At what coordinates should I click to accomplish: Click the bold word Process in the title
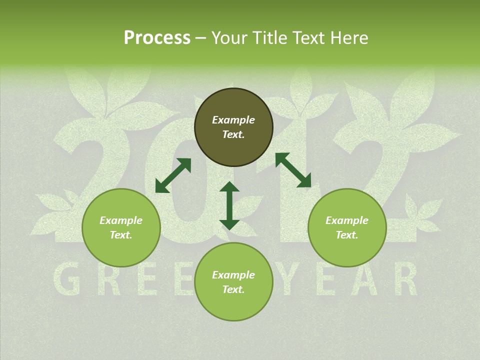(157, 38)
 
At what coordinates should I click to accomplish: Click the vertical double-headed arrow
(229, 205)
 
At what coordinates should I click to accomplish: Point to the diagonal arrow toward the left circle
(173, 175)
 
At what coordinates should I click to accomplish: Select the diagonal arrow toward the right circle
(293, 170)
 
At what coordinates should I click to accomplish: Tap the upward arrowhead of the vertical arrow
(229, 187)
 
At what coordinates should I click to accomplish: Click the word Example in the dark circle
(233, 120)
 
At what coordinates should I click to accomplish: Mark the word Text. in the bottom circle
(233, 289)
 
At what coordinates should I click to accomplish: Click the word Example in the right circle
(347, 220)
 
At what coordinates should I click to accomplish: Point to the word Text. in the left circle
(121, 235)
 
